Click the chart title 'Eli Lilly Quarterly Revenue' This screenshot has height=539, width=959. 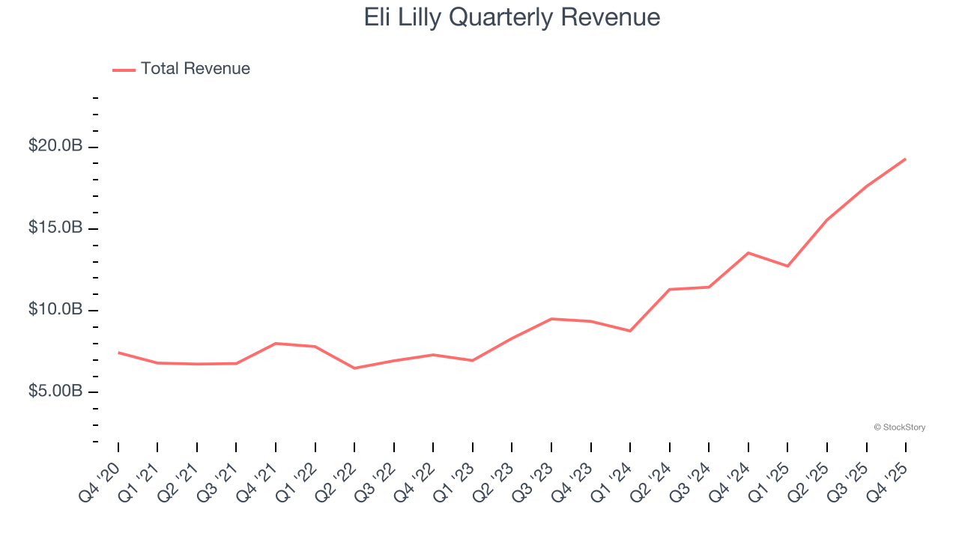point(512,18)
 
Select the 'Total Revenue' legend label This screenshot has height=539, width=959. point(195,69)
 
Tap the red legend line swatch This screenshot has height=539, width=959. point(124,70)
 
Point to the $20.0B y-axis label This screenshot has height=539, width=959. point(55,146)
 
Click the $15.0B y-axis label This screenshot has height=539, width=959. point(55,228)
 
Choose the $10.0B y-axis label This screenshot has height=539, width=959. point(55,309)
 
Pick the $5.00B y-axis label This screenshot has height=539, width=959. point(55,392)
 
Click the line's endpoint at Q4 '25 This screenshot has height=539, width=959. point(905,159)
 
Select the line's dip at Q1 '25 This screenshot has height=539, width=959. point(787,266)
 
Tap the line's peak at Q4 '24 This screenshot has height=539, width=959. point(748,253)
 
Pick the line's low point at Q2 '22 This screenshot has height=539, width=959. point(354,368)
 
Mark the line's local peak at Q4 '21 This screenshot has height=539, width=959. point(276,344)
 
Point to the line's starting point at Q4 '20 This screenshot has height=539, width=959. point(118,353)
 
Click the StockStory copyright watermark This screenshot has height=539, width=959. point(899,427)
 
